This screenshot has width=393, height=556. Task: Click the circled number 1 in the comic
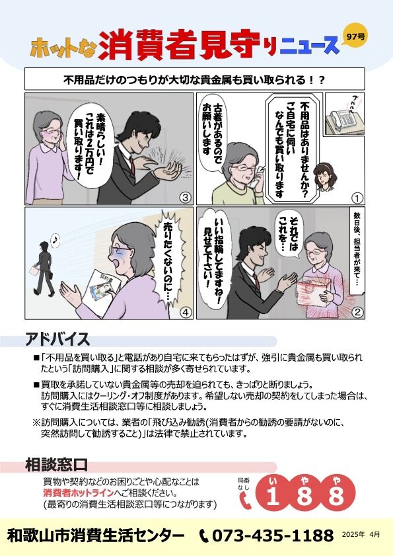[x=357, y=198]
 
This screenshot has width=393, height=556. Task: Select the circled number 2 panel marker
[x=357, y=312]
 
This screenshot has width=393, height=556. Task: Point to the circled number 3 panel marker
[x=186, y=198]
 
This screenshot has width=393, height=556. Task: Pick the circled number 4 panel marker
[x=186, y=312]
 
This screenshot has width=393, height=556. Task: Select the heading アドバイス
[x=57, y=340]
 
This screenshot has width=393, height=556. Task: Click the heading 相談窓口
[x=56, y=465]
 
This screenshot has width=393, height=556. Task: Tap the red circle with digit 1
[x=273, y=493]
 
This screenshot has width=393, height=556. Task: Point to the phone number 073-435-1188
[x=273, y=535]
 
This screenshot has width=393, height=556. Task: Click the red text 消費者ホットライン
[x=79, y=493]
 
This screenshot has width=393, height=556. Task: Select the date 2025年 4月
[x=361, y=534]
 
